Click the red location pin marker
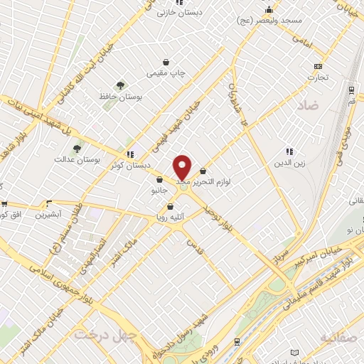tap(183, 168)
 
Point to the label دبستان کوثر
tap(106, 165)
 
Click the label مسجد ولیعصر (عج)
tap(272, 21)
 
